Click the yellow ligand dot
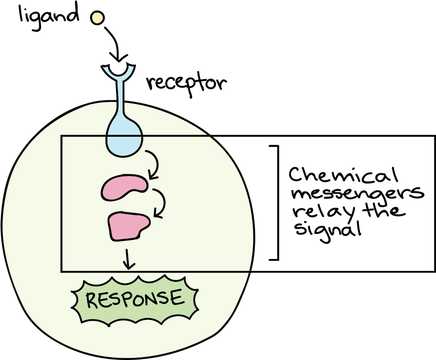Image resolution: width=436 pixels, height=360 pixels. [x=97, y=18]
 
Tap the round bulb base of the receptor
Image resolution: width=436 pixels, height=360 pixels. [x=124, y=139]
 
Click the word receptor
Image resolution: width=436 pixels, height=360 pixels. [x=186, y=83]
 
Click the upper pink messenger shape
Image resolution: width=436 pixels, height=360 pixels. [x=124, y=187]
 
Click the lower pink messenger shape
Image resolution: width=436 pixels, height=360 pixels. [x=128, y=225]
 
